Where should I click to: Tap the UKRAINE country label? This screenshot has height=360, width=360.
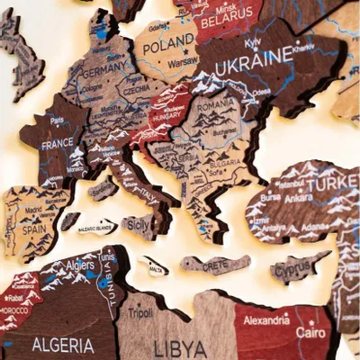click(253, 55)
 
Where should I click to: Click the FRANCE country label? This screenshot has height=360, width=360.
click(57, 143)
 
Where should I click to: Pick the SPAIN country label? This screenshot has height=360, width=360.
click(33, 229)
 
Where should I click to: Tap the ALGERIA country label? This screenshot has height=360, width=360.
click(62, 345)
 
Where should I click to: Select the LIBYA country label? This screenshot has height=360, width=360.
click(174, 347)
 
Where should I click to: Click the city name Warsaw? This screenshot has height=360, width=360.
click(183, 64)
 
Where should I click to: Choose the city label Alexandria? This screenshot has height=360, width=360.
click(266, 319)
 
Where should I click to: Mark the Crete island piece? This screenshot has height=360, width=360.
click(216, 264)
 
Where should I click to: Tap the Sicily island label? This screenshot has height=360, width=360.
click(139, 222)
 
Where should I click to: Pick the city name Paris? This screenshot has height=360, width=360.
click(58, 120)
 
